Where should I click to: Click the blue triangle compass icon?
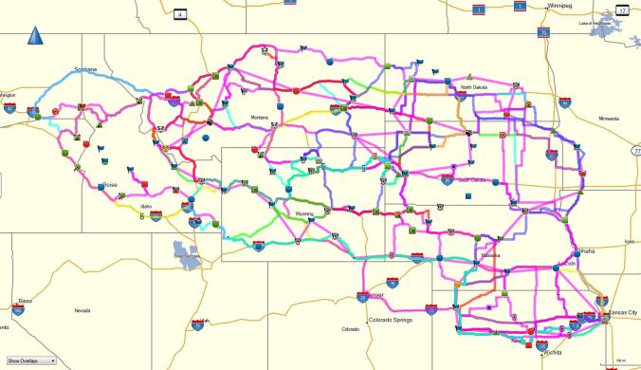pos(36,37)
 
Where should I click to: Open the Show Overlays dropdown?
pos(31,361)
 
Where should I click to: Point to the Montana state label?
pos(260,118)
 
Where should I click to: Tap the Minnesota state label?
pos(608,119)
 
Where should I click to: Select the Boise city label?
pos(110,185)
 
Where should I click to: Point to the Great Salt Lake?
pos(188,252)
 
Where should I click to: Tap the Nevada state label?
pos(82,310)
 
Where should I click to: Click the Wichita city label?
pos(552,353)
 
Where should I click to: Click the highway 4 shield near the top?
pos(178,13)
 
